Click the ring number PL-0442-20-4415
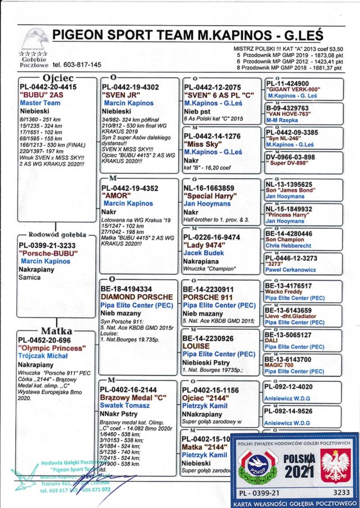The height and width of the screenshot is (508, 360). click(x=48, y=87)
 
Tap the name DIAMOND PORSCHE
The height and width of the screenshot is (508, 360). click(x=136, y=297)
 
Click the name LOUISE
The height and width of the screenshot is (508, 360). click(x=196, y=346)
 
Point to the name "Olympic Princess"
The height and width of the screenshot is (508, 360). click(x=51, y=348)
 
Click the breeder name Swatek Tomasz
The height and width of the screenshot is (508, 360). click(x=125, y=405)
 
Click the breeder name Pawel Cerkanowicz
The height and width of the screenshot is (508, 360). click(x=290, y=270)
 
